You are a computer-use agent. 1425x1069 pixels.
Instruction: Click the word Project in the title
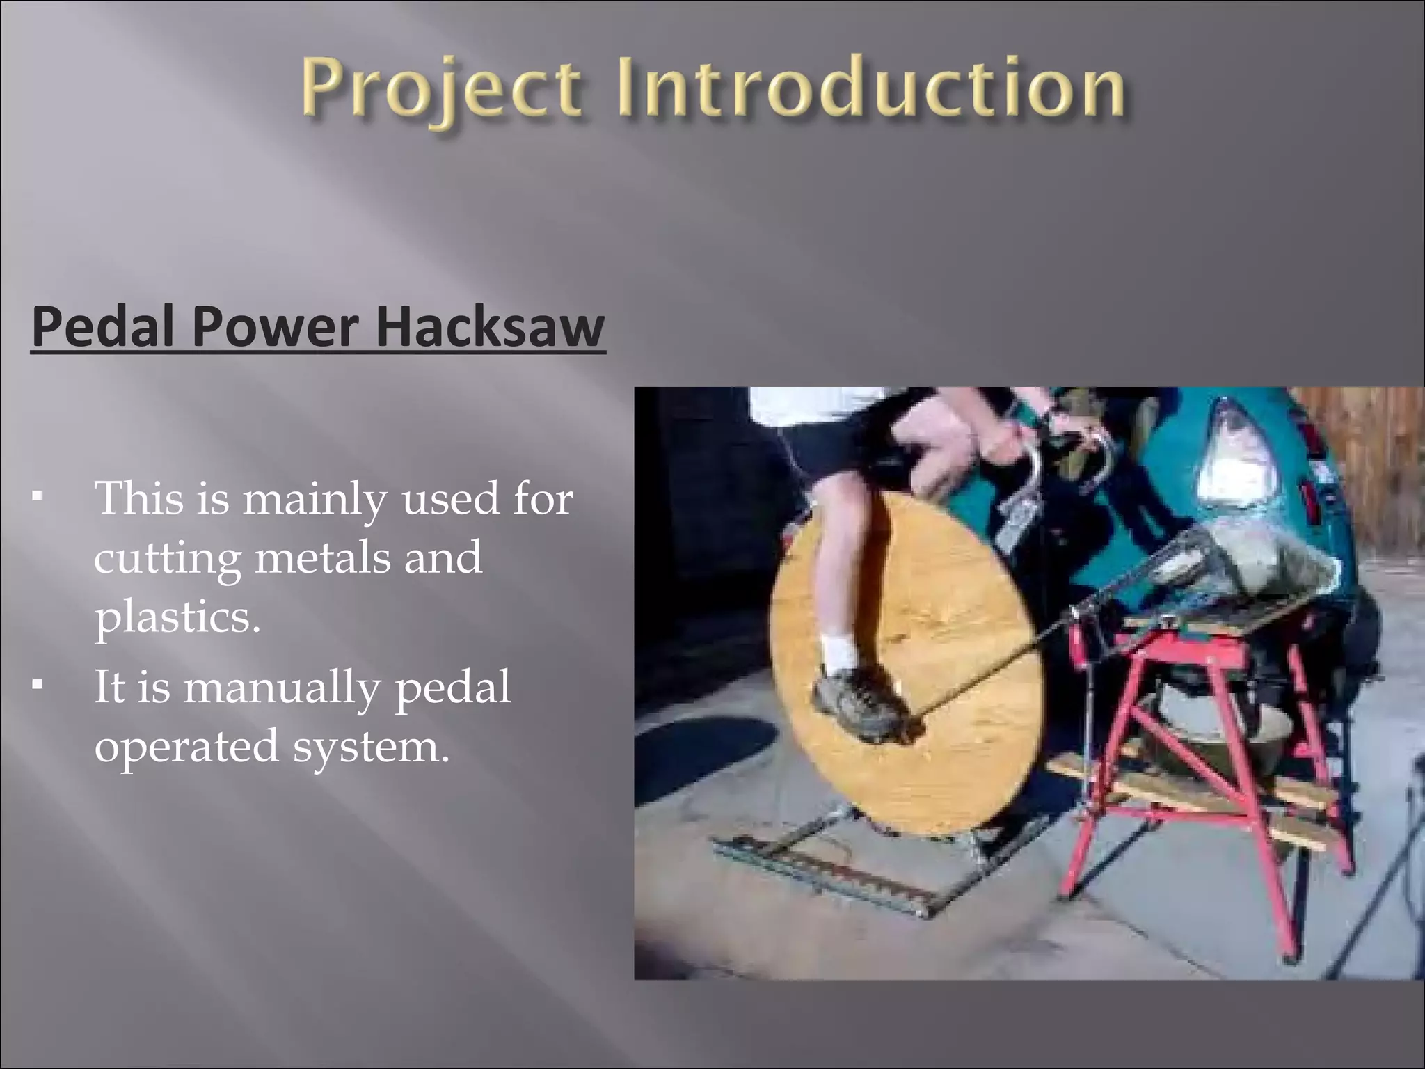[440, 90]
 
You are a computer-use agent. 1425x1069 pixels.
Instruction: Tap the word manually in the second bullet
[281, 688]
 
